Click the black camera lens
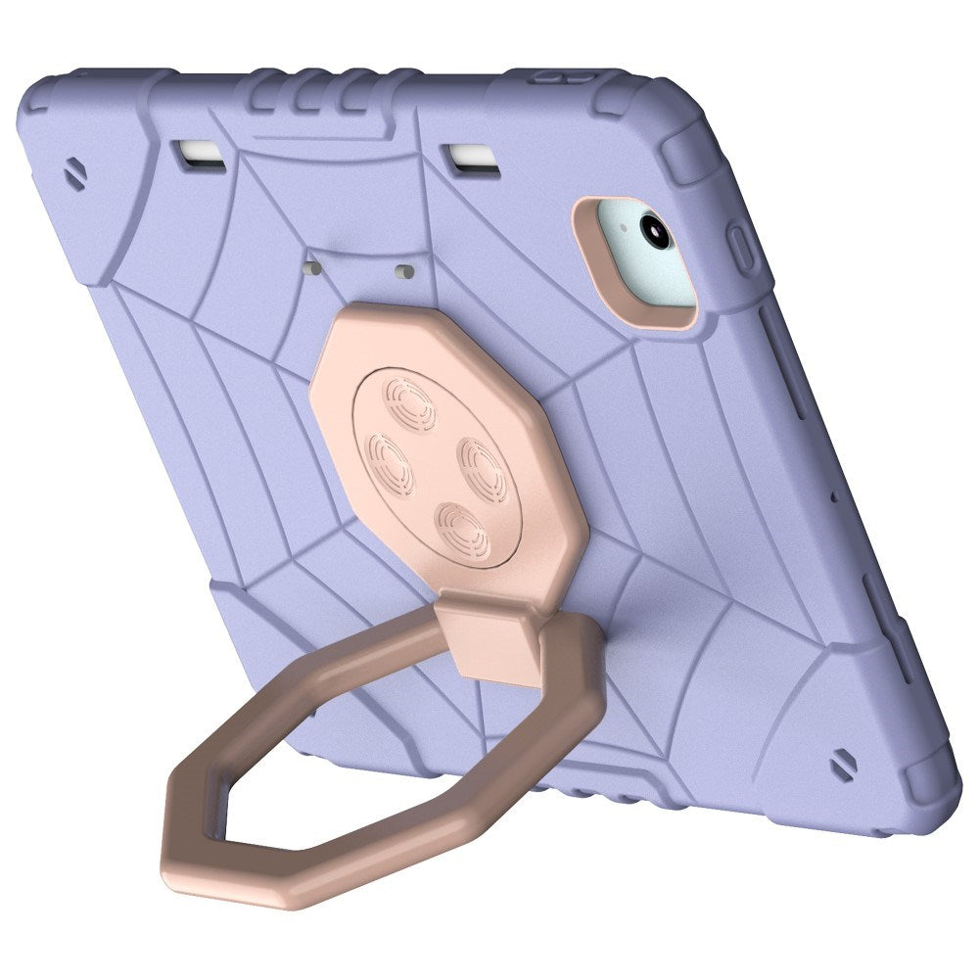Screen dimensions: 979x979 click(654, 230)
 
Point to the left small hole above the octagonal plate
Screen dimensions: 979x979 click(312, 265)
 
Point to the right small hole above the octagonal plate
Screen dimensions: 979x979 click(402, 269)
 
